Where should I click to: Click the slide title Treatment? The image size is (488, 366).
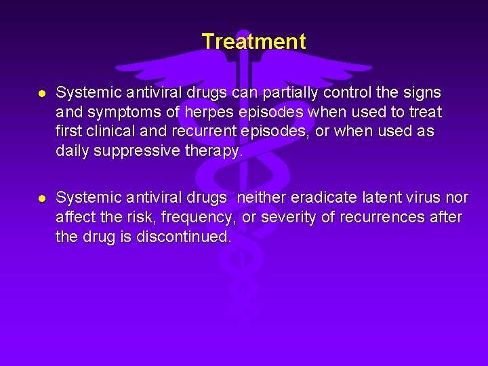(253, 42)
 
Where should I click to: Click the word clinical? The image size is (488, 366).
(108, 131)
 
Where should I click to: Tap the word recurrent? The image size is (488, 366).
(194, 131)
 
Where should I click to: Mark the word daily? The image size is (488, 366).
(73, 150)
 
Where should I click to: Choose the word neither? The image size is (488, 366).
(260, 198)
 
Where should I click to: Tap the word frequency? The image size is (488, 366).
(201, 218)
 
